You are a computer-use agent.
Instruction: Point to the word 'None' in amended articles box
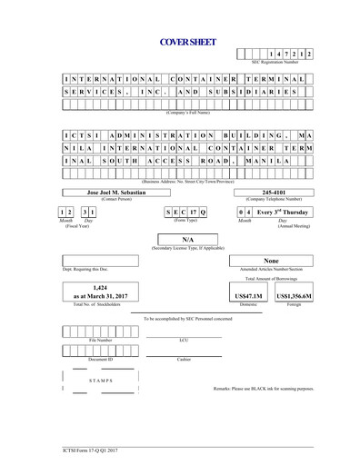tap(271, 261)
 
